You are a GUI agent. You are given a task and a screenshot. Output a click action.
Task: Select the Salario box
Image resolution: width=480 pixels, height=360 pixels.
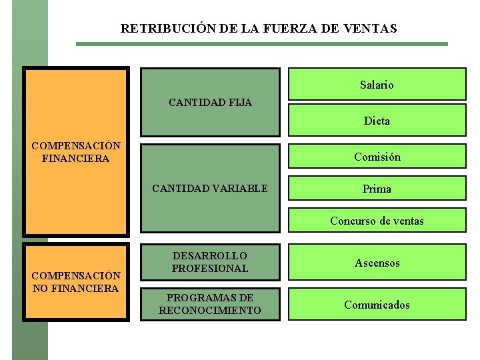(377, 85)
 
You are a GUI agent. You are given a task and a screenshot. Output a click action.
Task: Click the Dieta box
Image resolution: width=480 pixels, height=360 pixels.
(377, 121)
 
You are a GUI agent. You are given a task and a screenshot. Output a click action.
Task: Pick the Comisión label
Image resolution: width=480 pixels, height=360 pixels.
(377, 157)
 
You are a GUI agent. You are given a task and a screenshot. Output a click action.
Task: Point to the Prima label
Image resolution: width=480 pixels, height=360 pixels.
(377, 189)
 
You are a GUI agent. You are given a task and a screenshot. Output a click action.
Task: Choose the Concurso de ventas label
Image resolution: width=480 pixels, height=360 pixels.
(377, 221)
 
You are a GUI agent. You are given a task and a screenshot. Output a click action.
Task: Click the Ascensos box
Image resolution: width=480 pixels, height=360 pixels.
(377, 263)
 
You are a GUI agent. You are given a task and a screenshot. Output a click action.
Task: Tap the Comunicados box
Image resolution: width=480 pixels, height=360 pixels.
(377, 305)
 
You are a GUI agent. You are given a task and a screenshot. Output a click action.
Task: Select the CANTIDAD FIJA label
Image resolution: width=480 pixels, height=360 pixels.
(210, 103)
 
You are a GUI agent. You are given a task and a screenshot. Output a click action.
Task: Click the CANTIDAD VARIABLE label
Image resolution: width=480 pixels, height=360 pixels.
(210, 189)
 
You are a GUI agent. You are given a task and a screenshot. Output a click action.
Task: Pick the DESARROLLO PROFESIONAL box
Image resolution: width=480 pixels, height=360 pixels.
(210, 262)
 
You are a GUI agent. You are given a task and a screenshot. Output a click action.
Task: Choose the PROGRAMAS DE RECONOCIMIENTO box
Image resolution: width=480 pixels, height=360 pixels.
(210, 304)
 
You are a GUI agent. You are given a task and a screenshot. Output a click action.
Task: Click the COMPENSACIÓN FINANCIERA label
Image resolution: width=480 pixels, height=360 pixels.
(76, 152)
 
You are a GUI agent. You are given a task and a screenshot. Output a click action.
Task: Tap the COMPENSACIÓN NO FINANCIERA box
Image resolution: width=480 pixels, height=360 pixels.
(76, 282)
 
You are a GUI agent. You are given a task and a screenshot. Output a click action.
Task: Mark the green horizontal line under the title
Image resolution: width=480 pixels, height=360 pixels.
(261, 44)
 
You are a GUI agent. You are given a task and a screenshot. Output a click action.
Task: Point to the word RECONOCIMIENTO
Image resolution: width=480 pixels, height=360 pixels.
(210, 311)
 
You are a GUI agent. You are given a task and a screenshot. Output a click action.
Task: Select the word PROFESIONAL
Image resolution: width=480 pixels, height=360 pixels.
(210, 269)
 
